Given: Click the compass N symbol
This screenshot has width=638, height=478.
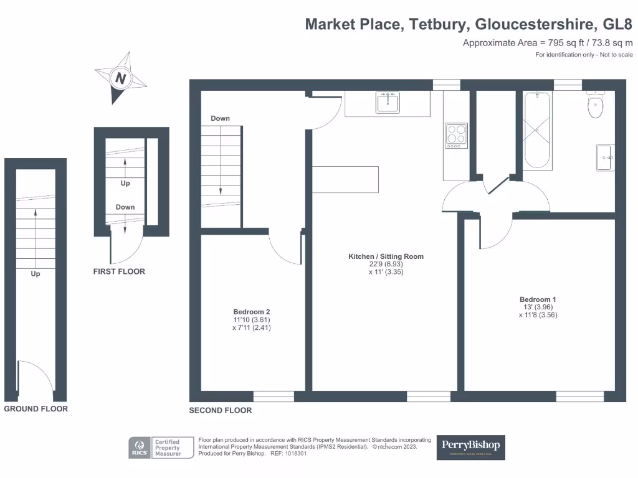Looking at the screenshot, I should (x=121, y=78).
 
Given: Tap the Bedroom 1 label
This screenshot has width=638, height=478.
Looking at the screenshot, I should (x=537, y=299).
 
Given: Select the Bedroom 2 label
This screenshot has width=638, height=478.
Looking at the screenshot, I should (x=251, y=312).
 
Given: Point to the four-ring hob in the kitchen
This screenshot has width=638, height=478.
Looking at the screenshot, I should (x=456, y=136).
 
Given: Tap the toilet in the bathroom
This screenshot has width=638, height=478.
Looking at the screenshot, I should (x=596, y=105).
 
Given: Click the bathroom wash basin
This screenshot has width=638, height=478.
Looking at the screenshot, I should (x=605, y=157).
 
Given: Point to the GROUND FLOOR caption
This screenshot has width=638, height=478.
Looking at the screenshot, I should (x=36, y=409).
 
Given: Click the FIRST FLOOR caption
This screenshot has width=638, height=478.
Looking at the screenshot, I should (x=118, y=271).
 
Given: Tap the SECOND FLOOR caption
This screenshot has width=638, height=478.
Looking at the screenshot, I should (x=221, y=410).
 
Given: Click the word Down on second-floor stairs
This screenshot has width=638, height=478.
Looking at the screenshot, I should (x=220, y=118).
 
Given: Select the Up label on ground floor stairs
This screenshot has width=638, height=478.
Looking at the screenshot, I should (x=36, y=274).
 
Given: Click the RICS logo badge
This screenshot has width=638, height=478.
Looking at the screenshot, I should (x=138, y=448).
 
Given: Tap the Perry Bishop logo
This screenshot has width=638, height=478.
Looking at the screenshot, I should (x=470, y=447).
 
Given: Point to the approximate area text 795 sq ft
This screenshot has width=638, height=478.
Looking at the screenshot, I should (x=548, y=43).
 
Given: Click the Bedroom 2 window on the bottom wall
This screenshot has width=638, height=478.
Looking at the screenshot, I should (x=274, y=396).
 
